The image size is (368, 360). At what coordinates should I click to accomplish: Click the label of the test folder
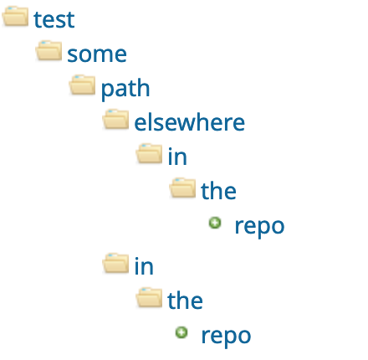54,20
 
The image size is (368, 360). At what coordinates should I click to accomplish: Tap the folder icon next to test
15,17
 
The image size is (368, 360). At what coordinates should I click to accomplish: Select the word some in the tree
97,54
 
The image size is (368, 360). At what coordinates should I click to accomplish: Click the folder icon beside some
49,50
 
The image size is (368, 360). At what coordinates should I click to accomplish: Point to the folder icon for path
82,85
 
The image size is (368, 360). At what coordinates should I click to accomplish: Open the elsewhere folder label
190,121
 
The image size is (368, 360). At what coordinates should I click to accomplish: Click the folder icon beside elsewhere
115,120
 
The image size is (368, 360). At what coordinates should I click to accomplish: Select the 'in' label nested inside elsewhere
177,157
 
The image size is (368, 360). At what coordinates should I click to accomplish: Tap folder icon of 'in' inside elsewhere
149,153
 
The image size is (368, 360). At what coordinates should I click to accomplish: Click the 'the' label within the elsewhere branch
218,190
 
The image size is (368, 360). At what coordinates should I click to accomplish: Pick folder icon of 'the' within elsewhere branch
182,188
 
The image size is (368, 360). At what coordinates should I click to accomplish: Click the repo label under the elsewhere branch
259,227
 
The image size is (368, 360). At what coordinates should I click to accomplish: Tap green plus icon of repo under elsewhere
215,223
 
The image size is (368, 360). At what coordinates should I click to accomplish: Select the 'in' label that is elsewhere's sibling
144,266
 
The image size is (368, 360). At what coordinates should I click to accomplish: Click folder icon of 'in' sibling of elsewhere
115,263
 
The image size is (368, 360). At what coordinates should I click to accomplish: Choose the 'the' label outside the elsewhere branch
185,301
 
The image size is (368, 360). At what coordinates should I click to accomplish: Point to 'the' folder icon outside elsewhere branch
149,297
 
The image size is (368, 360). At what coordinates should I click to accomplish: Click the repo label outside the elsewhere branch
226,337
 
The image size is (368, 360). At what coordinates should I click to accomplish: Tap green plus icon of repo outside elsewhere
181,332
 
